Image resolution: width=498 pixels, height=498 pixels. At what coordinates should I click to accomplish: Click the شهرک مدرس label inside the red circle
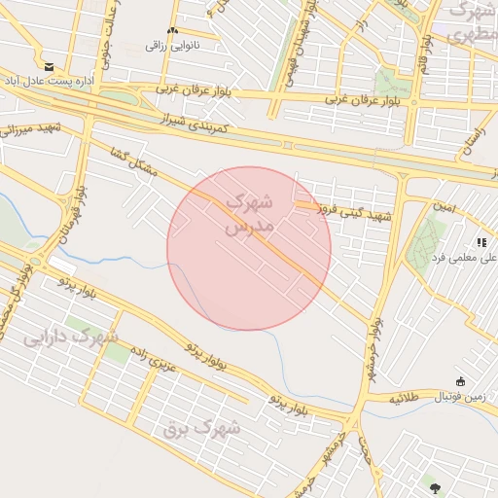point(250,214)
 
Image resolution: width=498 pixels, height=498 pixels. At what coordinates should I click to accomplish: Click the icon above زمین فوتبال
point(459,381)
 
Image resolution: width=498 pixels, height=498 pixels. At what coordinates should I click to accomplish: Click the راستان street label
point(474,137)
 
